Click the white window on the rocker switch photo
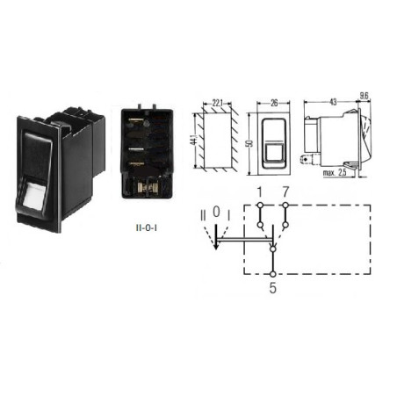pyautogui.click(x=33, y=194)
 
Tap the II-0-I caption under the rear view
pyautogui.click(x=147, y=227)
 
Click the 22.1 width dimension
pyautogui.click(x=218, y=103)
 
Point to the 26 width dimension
pyautogui.click(x=274, y=103)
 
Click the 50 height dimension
pyautogui.click(x=250, y=143)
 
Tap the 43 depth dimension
pyautogui.click(x=333, y=102)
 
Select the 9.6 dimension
pyautogui.click(x=364, y=96)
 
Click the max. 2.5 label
pyautogui.click(x=335, y=172)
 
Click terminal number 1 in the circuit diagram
pyautogui.click(x=259, y=192)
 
